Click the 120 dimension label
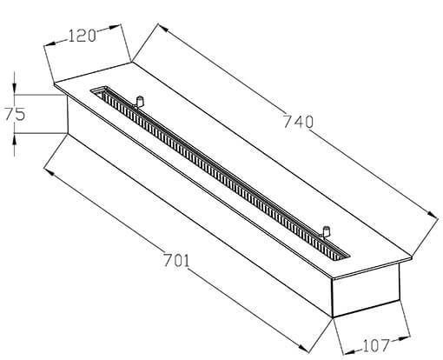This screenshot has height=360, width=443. [82, 37]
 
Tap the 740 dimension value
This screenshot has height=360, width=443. [298, 122]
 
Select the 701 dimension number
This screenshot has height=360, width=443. [176, 260]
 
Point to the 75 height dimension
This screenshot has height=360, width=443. [15, 114]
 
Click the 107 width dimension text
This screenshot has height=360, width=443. [376, 345]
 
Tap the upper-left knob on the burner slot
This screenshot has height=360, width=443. [140, 101]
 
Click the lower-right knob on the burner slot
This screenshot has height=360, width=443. [326, 231]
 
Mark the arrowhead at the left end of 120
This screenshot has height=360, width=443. [50, 43]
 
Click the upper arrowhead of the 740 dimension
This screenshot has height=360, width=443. [163, 28]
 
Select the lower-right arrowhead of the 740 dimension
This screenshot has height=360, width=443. [432, 215]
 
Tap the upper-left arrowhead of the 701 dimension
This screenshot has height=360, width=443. [50, 172]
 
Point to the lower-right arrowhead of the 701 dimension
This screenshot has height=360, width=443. [303, 348]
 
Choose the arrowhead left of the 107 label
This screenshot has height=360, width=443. [348, 352]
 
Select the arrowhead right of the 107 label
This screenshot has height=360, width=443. [404, 338]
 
